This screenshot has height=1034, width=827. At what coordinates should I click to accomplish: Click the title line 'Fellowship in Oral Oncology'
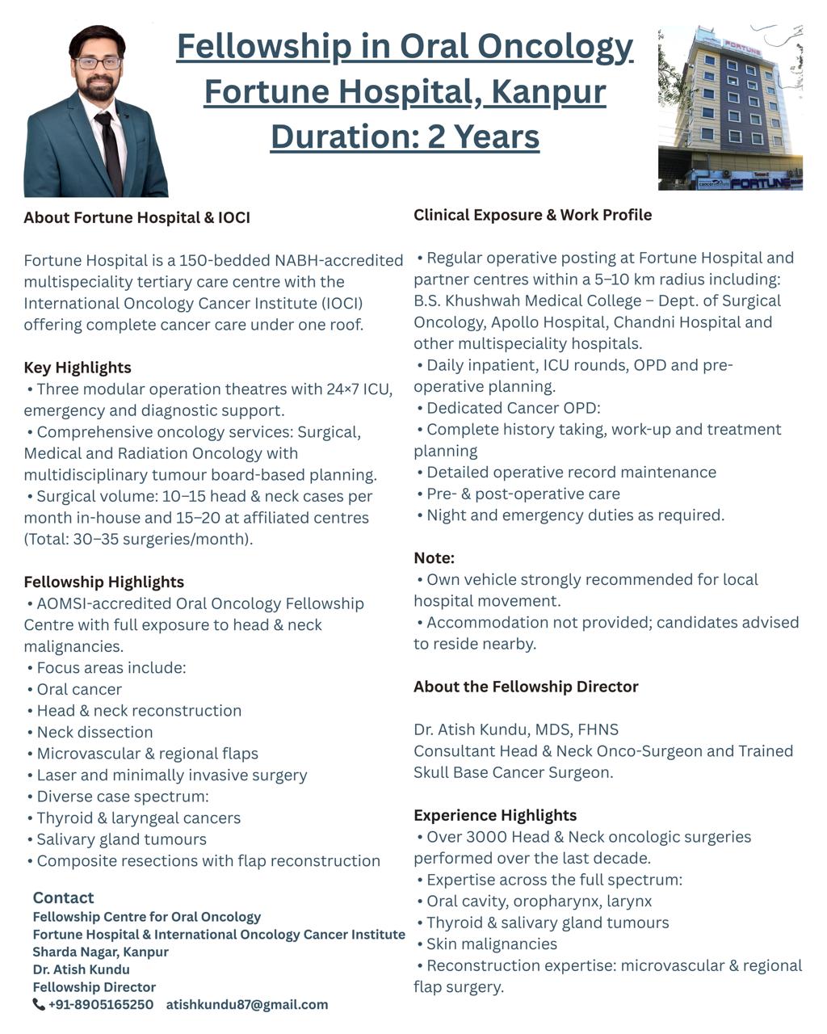click(x=405, y=46)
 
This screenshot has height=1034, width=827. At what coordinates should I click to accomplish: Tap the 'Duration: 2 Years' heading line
click(x=405, y=136)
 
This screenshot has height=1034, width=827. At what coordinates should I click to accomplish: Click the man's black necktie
click(x=108, y=149)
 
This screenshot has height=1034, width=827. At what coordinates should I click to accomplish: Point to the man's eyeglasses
click(x=98, y=62)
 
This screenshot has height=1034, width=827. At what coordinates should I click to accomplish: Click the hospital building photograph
click(x=730, y=108)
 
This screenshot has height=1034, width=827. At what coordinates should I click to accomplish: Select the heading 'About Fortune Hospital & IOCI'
click(x=136, y=217)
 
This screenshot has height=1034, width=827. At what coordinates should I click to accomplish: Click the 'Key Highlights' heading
click(x=78, y=368)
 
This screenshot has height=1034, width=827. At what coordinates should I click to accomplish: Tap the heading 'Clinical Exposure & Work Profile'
click(x=532, y=215)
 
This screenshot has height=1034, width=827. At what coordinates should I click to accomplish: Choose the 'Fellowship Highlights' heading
click(x=103, y=582)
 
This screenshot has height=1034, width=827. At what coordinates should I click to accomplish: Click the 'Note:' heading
click(x=434, y=557)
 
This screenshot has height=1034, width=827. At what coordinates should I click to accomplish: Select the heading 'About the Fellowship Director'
click(x=526, y=687)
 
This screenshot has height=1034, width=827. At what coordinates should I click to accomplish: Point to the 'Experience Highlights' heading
click(x=495, y=815)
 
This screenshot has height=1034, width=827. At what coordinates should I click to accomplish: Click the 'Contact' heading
click(x=63, y=897)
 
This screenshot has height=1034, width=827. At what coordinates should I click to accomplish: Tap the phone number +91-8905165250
click(x=100, y=1005)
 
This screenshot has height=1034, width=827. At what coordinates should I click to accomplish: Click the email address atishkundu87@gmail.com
click(x=247, y=1005)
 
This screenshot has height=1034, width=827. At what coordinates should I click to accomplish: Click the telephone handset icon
click(x=39, y=1005)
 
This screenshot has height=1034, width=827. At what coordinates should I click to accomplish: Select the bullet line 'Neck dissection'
click(x=94, y=732)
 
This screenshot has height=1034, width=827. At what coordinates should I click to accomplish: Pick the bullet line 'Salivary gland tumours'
click(x=121, y=839)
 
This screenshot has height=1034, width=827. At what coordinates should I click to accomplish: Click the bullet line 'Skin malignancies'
click(x=491, y=944)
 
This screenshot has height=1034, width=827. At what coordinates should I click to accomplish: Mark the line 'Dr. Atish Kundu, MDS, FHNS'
click(x=516, y=729)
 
